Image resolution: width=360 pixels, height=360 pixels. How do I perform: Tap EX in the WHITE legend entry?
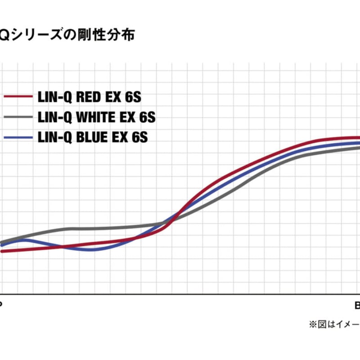(x=128, y=117)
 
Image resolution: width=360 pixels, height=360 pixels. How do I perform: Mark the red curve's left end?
(x=2, y=251)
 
